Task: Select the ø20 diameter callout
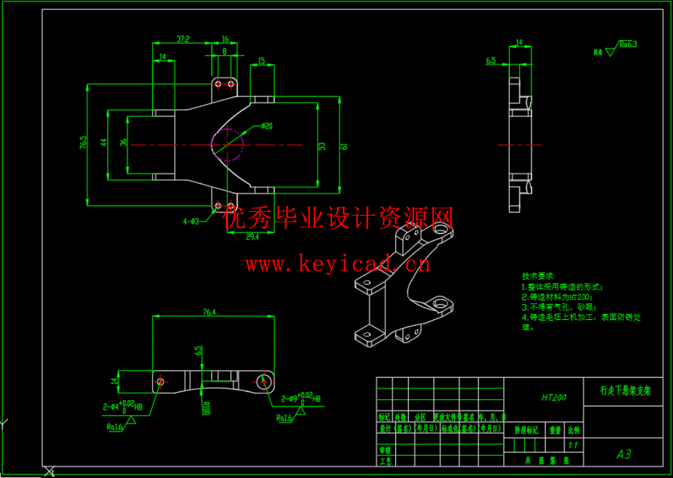tap(267, 125)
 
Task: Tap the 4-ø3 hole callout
tap(191, 222)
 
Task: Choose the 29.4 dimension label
tap(251, 237)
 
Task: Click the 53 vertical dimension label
tap(322, 146)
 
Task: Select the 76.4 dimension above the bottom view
tap(210, 312)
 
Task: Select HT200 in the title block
tap(554, 397)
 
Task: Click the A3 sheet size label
tap(623, 454)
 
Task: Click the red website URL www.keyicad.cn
tap(337, 264)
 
